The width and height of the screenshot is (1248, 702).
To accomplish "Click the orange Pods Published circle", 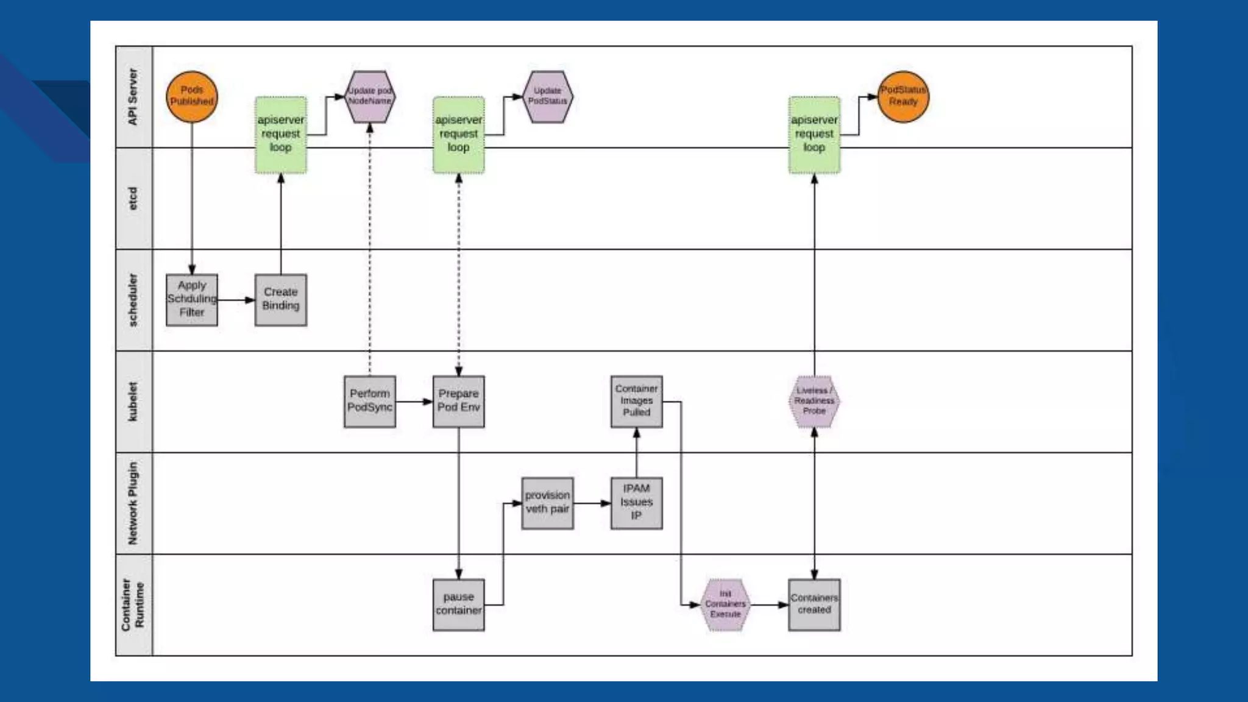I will [192, 96].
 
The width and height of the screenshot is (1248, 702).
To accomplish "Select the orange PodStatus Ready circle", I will [903, 96].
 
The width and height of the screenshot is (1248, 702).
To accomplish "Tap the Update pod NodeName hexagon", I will [370, 96].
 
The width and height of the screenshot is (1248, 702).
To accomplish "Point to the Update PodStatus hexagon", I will [547, 96].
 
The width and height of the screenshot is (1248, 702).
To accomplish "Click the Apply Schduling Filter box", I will [192, 299].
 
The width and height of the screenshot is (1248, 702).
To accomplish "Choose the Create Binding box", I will [281, 299].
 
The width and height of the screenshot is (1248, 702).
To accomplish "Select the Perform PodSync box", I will [370, 401].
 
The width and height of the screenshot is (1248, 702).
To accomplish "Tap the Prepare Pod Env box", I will [459, 401].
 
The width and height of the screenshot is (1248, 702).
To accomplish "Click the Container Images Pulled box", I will [636, 401].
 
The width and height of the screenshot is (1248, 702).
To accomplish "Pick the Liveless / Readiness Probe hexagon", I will [814, 401].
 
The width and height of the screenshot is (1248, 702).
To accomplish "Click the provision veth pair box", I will [547, 503].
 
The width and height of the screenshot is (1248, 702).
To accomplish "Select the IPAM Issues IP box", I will [636, 503].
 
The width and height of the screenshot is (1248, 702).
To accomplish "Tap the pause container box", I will [459, 604].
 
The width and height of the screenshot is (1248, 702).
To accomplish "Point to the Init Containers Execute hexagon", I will [725, 604].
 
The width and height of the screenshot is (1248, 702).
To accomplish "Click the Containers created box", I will [814, 604].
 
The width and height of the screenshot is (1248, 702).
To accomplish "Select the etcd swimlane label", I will [133, 198].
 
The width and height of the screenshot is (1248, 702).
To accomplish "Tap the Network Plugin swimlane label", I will [133, 503].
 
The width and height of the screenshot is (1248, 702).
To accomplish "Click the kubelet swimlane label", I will [133, 401].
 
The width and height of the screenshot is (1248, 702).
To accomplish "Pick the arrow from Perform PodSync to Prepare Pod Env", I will [414, 402].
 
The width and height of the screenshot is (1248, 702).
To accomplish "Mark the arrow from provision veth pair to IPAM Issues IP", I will [592, 503].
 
